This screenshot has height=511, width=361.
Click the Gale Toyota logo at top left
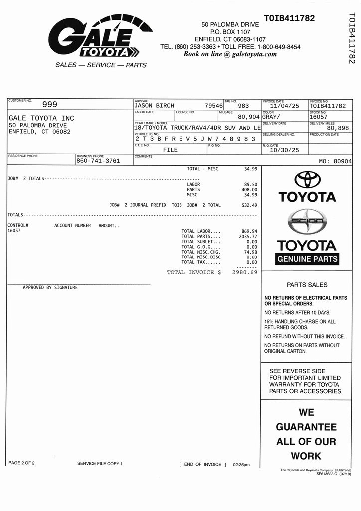click(x=100, y=37)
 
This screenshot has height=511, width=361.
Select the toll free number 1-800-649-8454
click(x=279, y=47)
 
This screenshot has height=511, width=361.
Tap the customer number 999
click(x=49, y=105)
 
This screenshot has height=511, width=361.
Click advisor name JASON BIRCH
click(x=154, y=106)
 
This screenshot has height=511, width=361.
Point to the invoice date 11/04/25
click(x=284, y=106)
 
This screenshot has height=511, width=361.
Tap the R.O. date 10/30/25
click(x=284, y=150)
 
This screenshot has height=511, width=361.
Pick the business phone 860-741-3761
click(x=98, y=161)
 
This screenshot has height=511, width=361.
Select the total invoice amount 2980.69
click(x=244, y=272)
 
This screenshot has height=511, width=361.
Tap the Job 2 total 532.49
click(x=249, y=205)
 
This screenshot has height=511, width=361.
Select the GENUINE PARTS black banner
click(x=307, y=259)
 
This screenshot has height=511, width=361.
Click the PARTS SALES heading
click(x=307, y=285)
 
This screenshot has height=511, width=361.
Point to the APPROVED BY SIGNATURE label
click(x=50, y=287)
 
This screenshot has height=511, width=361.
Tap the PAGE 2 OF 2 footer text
click(x=22, y=463)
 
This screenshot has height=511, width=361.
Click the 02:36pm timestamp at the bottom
click(x=241, y=465)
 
